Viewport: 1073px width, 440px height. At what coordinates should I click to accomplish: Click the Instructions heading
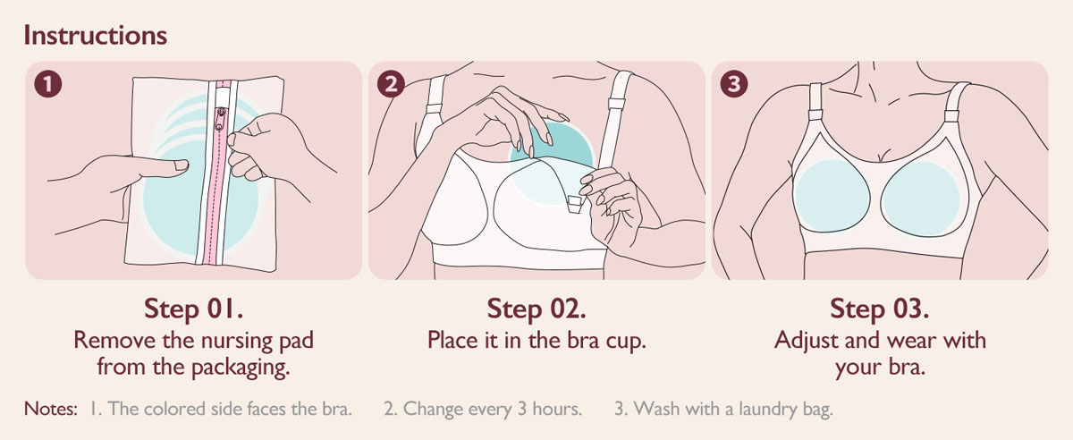(96, 36)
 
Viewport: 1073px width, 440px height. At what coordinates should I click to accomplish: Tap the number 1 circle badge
(48, 84)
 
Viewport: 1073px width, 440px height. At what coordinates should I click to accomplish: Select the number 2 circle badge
(391, 84)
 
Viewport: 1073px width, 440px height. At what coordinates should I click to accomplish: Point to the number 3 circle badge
(734, 84)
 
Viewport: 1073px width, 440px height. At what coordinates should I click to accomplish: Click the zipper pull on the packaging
(220, 119)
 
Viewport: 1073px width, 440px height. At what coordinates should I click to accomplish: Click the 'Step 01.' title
(193, 309)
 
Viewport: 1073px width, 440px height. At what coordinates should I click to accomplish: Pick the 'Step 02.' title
(536, 309)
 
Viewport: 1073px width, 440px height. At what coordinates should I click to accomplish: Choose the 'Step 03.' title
(880, 309)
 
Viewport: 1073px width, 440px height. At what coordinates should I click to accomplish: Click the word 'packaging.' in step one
(241, 368)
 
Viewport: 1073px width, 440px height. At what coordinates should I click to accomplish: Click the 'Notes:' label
(50, 409)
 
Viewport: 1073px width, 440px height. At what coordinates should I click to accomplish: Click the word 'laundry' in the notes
(765, 410)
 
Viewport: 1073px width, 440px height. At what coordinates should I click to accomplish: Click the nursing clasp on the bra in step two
(574, 203)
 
